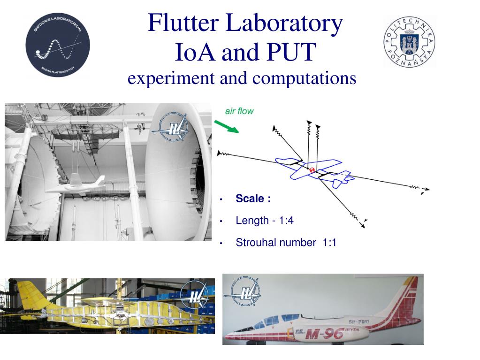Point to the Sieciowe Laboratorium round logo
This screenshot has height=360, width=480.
[x=57, y=45]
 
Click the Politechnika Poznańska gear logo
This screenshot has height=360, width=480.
[x=409, y=42]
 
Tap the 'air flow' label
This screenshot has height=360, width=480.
[x=239, y=111]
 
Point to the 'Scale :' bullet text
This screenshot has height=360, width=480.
[x=253, y=199]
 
